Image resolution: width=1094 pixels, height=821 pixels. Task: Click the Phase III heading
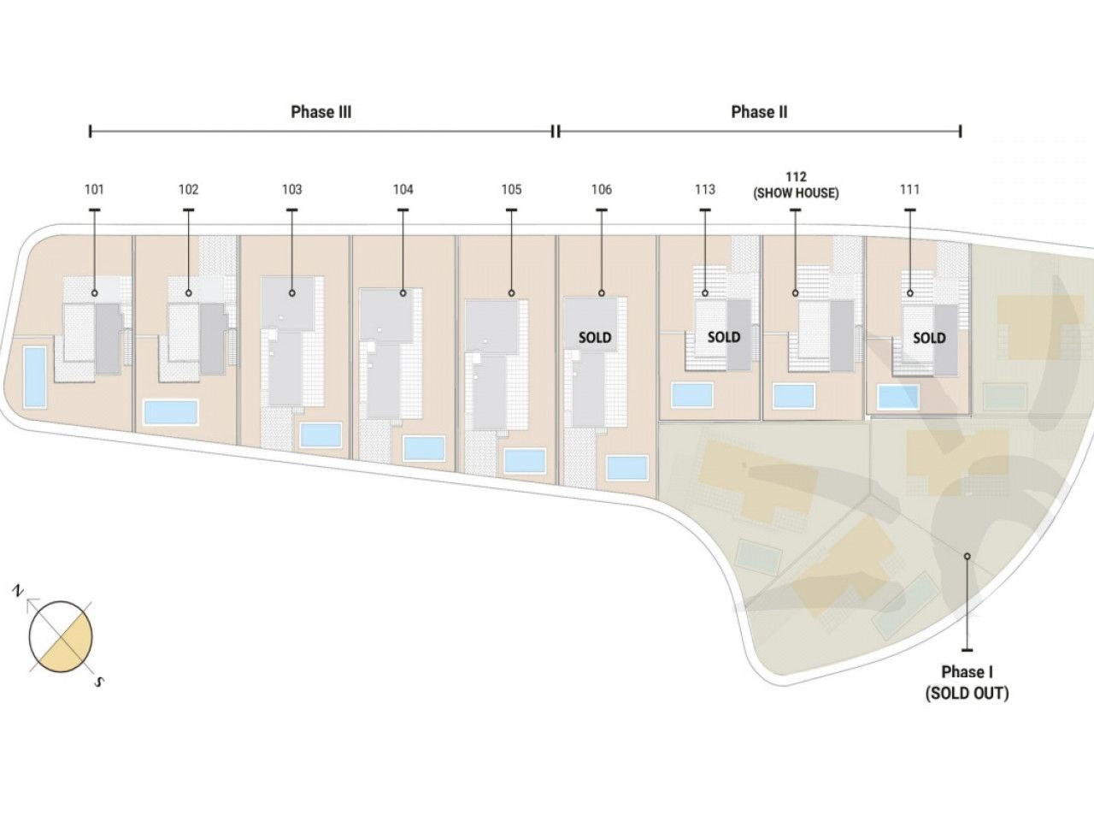pyautogui.click(x=321, y=112)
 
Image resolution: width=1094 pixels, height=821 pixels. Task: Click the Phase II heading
pyautogui.click(x=759, y=112)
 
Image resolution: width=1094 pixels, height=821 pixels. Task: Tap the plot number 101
pyautogui.click(x=94, y=190)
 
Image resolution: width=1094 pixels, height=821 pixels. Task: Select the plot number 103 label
pyautogui.click(x=292, y=190)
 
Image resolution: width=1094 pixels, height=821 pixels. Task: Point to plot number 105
pyautogui.click(x=511, y=190)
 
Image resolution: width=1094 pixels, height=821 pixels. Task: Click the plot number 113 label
pyautogui.click(x=705, y=190)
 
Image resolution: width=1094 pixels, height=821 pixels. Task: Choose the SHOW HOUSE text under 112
pyautogui.click(x=796, y=193)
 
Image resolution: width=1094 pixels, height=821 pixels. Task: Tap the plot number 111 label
pyautogui.click(x=909, y=190)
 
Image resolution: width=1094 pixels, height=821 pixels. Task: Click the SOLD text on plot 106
pyautogui.click(x=595, y=338)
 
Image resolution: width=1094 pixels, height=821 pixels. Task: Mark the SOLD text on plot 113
pyautogui.click(x=724, y=338)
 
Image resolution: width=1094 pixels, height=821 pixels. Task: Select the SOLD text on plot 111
pyautogui.click(x=929, y=339)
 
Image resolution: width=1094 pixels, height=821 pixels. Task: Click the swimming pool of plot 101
pyautogui.click(x=35, y=377)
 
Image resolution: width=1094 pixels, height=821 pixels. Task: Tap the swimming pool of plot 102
pyautogui.click(x=171, y=412)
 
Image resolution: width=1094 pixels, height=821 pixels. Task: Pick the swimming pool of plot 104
pyautogui.click(x=424, y=448)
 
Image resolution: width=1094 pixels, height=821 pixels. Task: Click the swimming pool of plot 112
pyautogui.click(x=794, y=396)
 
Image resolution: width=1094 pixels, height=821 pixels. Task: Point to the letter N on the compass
pyautogui.click(x=19, y=592)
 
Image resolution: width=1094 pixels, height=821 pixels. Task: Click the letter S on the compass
pyautogui.click(x=98, y=682)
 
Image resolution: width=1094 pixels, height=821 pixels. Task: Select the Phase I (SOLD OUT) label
pyautogui.click(x=967, y=682)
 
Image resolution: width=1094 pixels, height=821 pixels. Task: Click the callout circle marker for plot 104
pyautogui.click(x=403, y=293)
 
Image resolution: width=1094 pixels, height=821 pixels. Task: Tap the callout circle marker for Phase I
pyautogui.click(x=968, y=556)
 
